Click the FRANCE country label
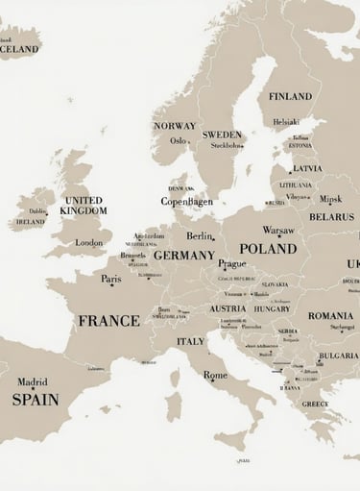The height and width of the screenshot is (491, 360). (x=108, y=321)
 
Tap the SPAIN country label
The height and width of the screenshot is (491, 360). (x=36, y=399)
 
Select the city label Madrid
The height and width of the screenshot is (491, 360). (x=33, y=381)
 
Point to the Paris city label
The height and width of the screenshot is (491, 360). (x=111, y=280)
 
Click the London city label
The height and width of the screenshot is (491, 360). (x=88, y=243)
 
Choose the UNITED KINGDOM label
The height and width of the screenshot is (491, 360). (x=84, y=206)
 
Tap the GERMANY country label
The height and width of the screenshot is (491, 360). (x=183, y=256)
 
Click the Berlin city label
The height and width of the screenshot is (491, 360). (x=200, y=236)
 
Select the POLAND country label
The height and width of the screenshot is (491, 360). (x=268, y=249)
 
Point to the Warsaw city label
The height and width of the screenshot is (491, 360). (x=278, y=231)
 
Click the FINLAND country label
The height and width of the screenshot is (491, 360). (x=290, y=97)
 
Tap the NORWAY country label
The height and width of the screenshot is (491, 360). (x=174, y=126)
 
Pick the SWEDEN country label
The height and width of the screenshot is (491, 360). (x=222, y=135)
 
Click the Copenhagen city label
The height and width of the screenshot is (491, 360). (x=186, y=202)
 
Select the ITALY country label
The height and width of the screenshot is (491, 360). (x=190, y=341)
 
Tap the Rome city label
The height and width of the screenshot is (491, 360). (x=215, y=376)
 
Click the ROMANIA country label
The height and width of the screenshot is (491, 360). (x=330, y=315)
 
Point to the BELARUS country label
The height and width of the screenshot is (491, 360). (x=331, y=217)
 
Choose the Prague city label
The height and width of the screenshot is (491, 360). (x=231, y=264)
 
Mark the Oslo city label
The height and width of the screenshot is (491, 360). (x=179, y=140)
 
